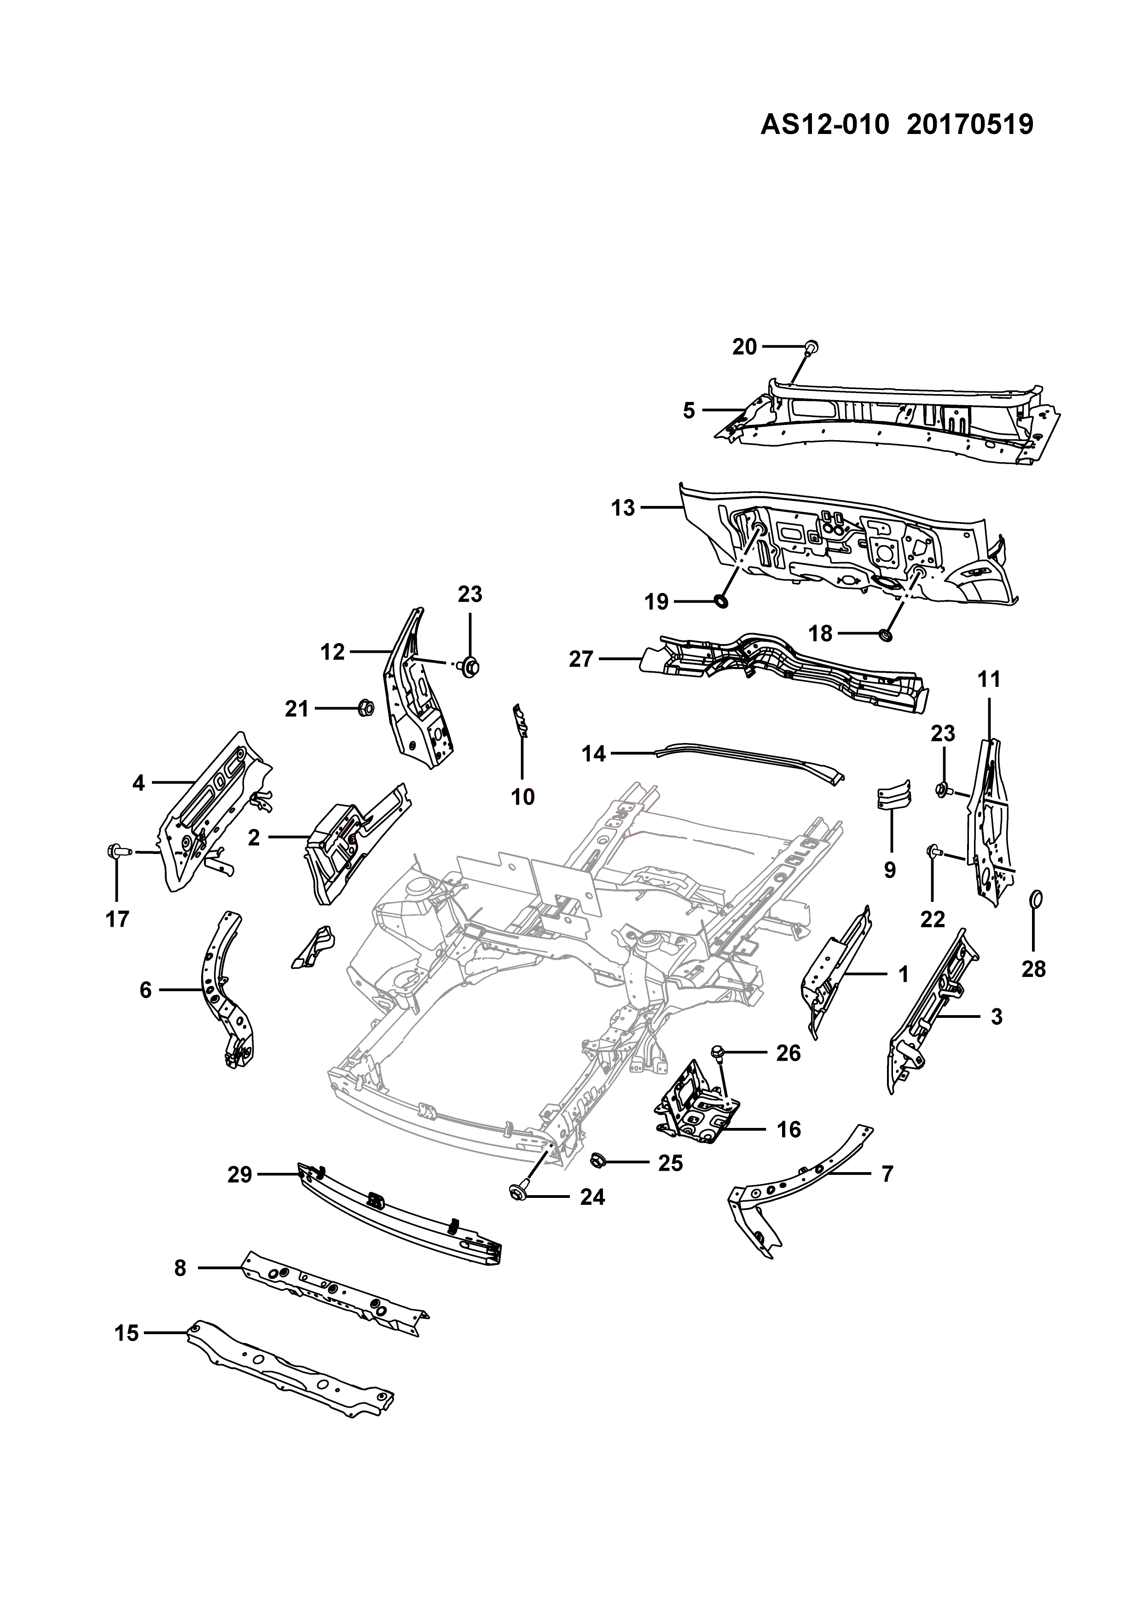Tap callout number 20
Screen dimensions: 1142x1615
(x=745, y=347)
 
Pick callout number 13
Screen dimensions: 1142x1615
(x=623, y=508)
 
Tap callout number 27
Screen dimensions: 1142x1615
(x=581, y=660)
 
